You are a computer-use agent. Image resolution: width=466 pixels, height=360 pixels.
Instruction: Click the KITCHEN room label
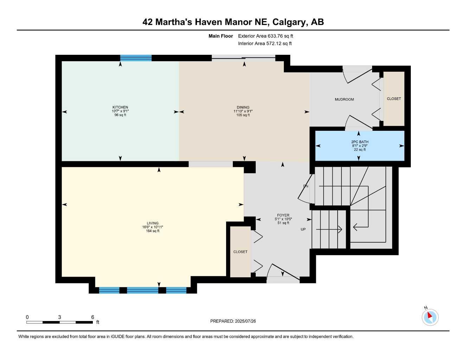point(120,107)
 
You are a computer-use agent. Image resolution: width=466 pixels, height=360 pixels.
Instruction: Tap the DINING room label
point(243,107)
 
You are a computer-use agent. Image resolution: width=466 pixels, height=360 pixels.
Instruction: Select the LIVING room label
point(153,223)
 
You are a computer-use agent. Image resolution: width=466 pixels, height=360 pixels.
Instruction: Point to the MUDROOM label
point(344,99)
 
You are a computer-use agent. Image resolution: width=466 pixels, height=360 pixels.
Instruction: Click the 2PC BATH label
point(360,142)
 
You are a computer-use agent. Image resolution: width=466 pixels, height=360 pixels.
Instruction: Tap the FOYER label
point(283,215)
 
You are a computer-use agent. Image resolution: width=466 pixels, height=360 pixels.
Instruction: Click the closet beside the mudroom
point(394,99)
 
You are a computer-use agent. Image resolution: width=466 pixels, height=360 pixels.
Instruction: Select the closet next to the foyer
point(240,252)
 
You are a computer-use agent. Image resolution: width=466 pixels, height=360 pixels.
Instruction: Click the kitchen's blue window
point(136,58)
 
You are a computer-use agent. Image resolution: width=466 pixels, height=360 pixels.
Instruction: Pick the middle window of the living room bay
point(142,290)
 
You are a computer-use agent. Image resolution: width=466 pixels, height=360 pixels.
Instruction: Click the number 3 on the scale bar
point(59,317)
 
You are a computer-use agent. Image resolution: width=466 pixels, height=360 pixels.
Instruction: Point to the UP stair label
point(303,229)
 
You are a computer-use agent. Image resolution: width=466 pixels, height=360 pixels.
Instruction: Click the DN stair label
point(306,186)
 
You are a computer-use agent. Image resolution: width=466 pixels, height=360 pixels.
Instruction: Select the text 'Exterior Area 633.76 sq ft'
point(266,36)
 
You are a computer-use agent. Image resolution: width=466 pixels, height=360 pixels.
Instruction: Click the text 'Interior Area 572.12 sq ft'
point(265,44)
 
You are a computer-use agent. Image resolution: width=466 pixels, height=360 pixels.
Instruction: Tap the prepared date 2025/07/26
point(245,321)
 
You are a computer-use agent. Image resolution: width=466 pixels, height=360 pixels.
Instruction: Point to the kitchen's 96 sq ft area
point(120,115)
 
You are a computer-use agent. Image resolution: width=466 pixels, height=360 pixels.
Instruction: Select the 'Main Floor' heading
point(221,36)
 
